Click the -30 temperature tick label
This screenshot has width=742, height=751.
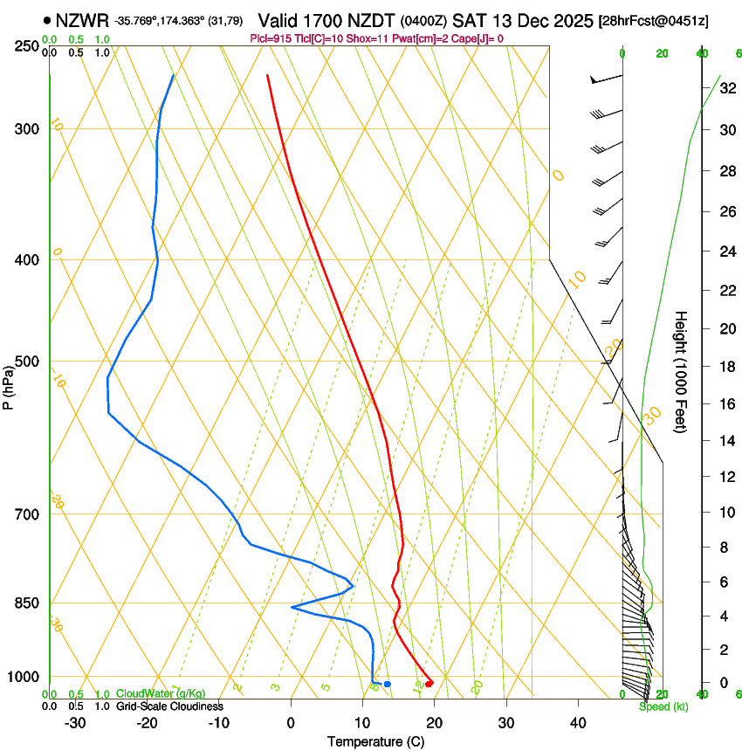(76, 722)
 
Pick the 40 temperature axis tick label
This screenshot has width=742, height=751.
(577, 722)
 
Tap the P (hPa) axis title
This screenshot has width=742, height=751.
(8, 384)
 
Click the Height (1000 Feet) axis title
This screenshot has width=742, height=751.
(682, 371)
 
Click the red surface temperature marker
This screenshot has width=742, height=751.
(429, 683)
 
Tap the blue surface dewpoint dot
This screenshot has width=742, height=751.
(388, 684)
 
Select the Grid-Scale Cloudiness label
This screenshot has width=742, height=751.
(169, 706)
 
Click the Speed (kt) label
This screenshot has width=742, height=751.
(663, 706)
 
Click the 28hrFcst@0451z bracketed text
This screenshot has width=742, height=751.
(668, 20)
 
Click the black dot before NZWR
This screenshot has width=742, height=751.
(46, 19)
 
